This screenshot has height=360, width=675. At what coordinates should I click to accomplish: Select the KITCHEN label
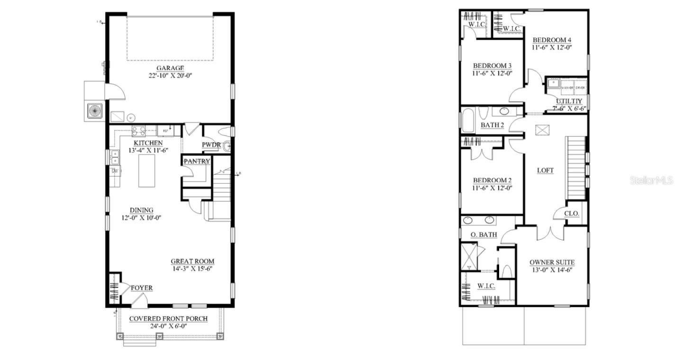tap(148, 143)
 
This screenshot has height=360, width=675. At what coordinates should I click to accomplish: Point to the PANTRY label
tap(197, 162)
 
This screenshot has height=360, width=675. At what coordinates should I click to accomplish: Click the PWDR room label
tap(211, 144)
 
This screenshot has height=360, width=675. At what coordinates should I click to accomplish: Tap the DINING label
tap(142, 210)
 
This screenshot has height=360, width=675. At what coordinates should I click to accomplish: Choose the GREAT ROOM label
tap(192, 261)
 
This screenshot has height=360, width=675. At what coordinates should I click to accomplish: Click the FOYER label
tap(142, 288)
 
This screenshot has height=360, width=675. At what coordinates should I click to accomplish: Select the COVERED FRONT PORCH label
tap(168, 319)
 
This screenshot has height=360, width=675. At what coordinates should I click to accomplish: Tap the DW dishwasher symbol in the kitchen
tap(114, 171)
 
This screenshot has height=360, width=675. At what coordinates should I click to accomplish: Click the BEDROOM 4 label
tap(551, 40)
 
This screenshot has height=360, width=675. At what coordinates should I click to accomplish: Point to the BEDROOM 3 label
tap(492, 65)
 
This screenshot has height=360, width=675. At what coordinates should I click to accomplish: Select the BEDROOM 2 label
tap(492, 180)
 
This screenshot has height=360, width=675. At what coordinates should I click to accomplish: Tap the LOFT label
tap(545, 171)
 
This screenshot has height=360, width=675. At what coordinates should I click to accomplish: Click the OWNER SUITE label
tap(552, 262)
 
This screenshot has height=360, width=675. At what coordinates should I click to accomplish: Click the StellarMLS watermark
tap(651, 180)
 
